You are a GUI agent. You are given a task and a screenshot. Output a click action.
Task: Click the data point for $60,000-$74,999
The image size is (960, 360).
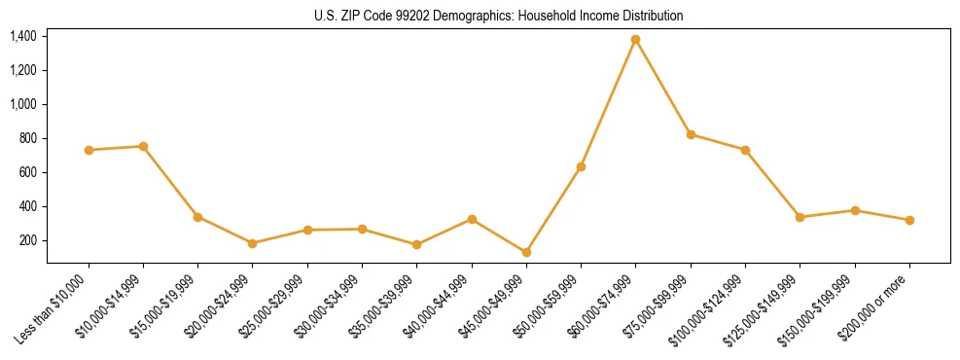[636, 40]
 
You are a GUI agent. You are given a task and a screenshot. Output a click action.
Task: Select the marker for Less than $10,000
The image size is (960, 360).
[89, 150]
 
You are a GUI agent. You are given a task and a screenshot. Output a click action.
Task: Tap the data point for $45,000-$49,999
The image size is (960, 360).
[526, 252]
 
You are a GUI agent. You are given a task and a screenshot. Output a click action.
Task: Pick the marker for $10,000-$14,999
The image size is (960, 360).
[143, 146]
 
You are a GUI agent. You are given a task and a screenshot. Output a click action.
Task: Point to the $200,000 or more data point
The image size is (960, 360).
[909, 220]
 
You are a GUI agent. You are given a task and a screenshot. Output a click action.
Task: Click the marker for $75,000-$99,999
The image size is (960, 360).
[691, 134]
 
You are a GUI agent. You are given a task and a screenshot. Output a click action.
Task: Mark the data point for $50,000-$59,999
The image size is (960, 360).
[581, 166]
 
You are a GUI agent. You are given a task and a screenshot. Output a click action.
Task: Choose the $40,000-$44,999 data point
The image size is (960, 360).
[472, 219]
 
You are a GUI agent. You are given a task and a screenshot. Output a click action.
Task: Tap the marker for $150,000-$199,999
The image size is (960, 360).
[855, 210]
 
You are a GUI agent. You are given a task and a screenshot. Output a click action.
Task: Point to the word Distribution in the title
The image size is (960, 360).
[651, 17]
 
